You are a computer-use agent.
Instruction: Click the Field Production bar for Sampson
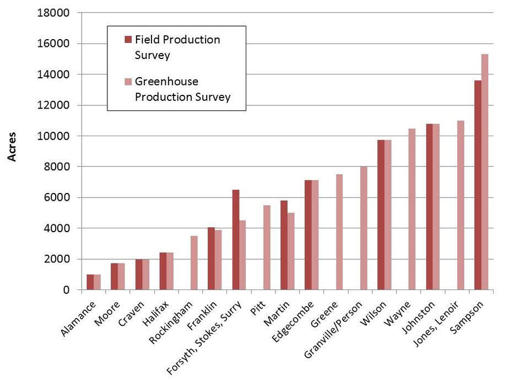(x=478, y=185)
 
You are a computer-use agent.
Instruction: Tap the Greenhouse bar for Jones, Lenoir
(x=461, y=205)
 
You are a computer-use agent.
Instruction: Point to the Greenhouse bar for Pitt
(x=267, y=247)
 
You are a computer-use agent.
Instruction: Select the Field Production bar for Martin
(x=284, y=245)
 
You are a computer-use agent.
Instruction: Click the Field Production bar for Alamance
(x=90, y=282)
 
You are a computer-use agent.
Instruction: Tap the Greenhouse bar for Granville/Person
(x=364, y=228)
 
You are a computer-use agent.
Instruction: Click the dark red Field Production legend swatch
(x=128, y=40)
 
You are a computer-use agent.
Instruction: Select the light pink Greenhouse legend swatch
(x=128, y=82)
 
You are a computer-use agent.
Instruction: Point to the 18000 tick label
(x=53, y=13)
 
